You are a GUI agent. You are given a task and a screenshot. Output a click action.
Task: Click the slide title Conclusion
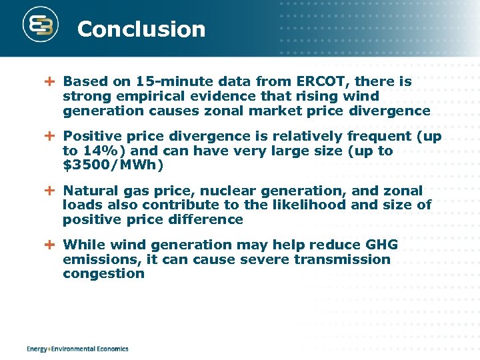tap(141, 29)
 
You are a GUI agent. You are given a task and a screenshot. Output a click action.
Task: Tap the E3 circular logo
tap(41, 27)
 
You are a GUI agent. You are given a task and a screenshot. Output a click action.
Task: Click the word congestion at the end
tap(103, 273)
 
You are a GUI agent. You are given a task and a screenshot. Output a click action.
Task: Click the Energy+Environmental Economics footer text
tap(77, 349)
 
